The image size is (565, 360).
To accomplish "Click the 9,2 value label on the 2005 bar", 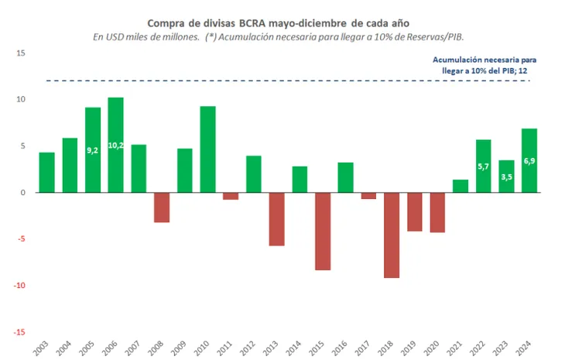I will pyautogui.click(x=92, y=150).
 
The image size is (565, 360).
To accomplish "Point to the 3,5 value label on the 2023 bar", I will pyautogui.click(x=507, y=177).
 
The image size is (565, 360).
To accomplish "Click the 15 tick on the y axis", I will pyautogui.click(x=21, y=53).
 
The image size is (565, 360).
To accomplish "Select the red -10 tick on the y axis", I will pyautogui.click(x=19, y=286).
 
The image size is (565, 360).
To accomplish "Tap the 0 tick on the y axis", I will pyautogui.click(x=23, y=193).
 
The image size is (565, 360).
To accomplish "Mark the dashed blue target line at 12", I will pyautogui.click(x=232, y=81).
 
